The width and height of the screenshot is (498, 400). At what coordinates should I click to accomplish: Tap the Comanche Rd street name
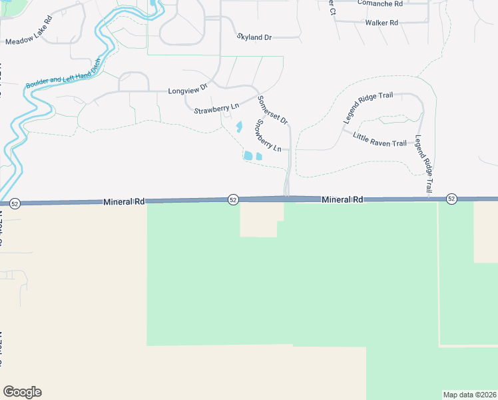click(x=380, y=3)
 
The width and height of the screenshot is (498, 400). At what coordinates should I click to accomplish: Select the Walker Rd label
click(x=381, y=23)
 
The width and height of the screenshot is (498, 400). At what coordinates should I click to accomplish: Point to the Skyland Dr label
click(x=254, y=37)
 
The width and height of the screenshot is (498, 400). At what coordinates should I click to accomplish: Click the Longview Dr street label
click(x=188, y=89)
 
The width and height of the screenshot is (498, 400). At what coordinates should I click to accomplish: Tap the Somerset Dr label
click(x=272, y=110)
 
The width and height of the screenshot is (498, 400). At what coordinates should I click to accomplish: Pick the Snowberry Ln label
click(x=270, y=135)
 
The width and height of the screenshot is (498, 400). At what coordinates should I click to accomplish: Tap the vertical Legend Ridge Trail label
click(x=424, y=164)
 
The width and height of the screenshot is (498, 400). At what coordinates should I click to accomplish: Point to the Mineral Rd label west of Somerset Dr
click(x=124, y=201)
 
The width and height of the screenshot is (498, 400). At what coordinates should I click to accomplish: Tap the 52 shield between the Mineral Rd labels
click(x=233, y=199)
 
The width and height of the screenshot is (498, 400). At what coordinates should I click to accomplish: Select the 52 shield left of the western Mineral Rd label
click(x=15, y=203)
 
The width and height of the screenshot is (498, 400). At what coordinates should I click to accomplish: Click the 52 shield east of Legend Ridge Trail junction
click(x=451, y=199)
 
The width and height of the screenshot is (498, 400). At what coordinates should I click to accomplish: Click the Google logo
click(x=22, y=392)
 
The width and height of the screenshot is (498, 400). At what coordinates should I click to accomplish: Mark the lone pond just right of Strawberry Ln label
click(x=239, y=126)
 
